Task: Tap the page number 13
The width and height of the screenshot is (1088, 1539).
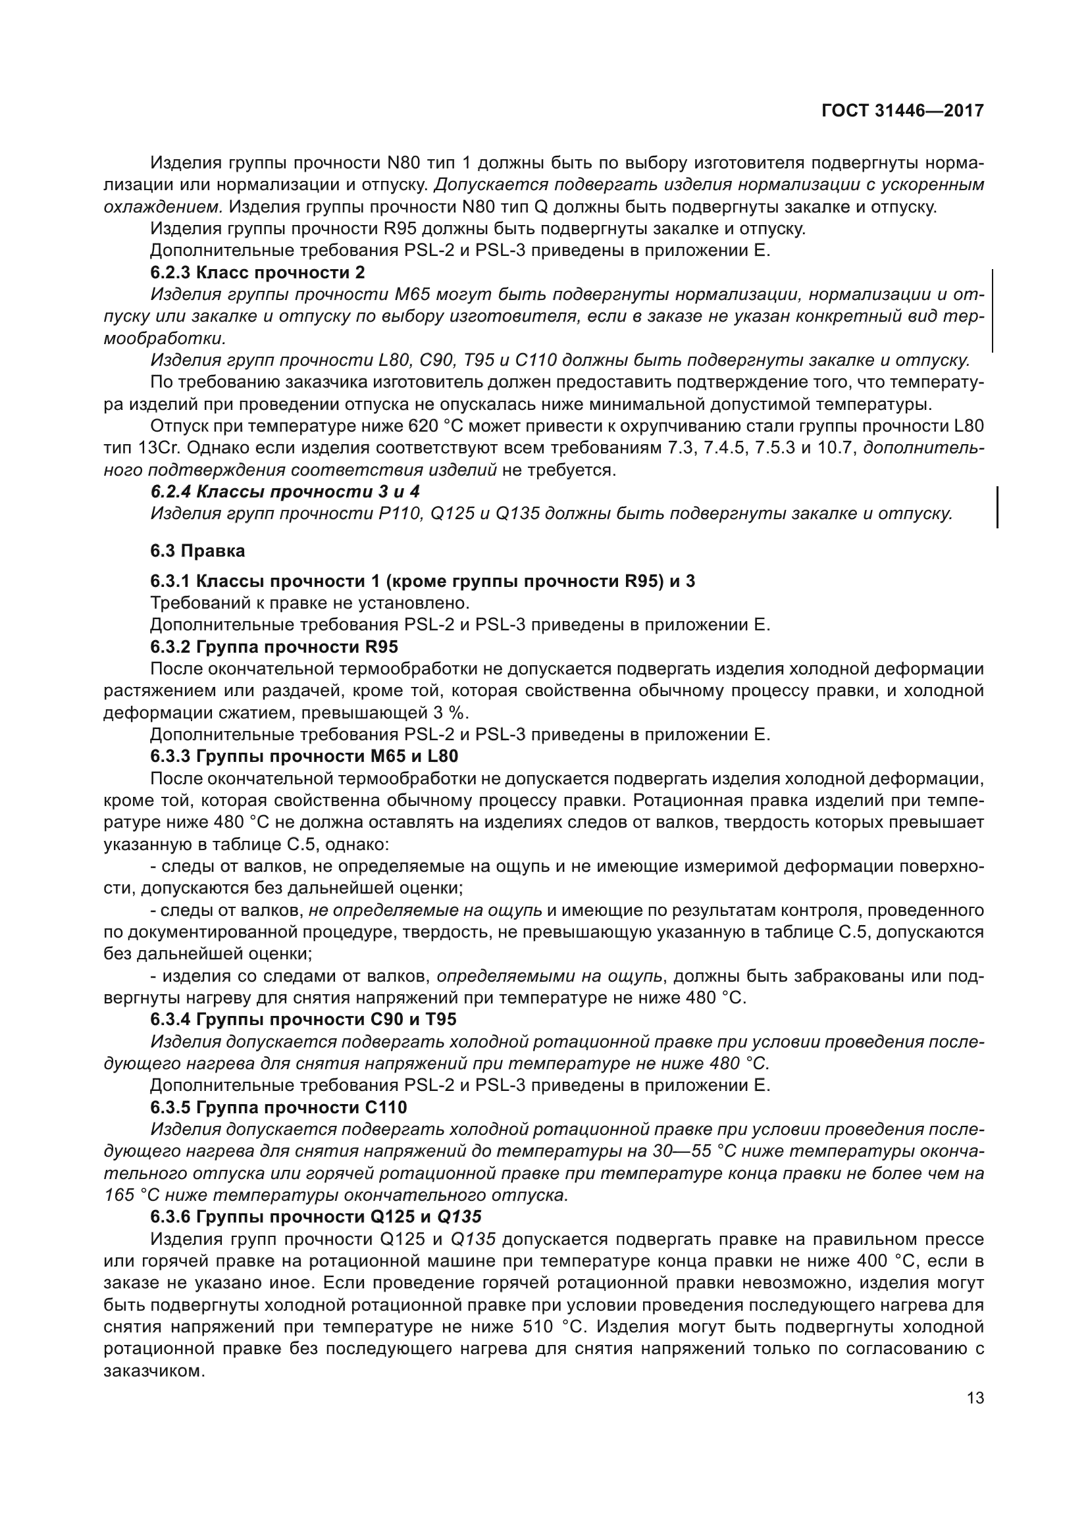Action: [975, 1398]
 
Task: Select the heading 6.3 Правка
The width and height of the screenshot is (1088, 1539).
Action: [197, 551]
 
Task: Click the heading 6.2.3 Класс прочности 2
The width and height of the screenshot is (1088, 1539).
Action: [257, 272]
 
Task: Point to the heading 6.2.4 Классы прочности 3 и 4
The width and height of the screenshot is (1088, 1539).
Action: [284, 492]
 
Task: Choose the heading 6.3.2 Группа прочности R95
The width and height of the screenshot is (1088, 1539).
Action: [274, 647]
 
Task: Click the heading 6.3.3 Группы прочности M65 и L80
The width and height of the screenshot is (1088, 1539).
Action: [303, 756]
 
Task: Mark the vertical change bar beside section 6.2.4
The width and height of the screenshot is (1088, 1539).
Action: [998, 507]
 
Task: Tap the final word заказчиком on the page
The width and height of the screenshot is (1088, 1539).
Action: [153, 1371]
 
